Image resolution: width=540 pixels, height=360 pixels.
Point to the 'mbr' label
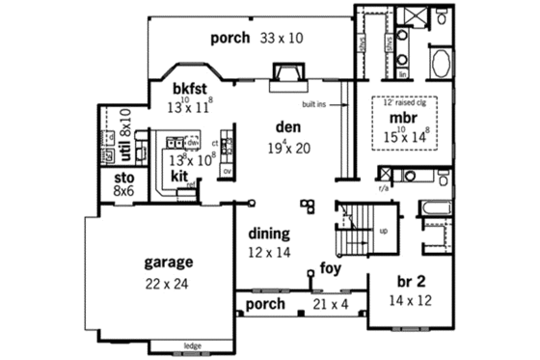[403, 118]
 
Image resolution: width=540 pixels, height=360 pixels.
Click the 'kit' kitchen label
[178, 178]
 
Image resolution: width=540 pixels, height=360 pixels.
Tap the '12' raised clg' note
[405, 102]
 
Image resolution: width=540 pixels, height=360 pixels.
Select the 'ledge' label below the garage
[193, 345]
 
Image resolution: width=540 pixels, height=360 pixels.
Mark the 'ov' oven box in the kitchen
[228, 172]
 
